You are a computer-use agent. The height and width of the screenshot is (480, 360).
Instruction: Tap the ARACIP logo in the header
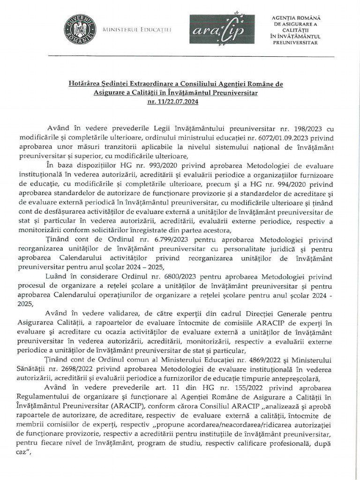pyautogui.click(x=222, y=30)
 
